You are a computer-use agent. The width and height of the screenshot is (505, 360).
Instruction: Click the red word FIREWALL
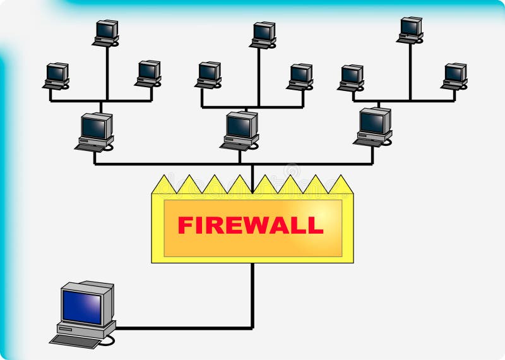pyautogui.click(x=251, y=225)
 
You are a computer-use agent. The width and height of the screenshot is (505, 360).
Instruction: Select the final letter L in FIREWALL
pyautogui.click(x=316, y=225)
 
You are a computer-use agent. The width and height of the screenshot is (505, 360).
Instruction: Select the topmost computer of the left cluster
pyautogui.click(x=106, y=32)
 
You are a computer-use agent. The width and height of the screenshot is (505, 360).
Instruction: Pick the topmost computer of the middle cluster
pyautogui.click(x=263, y=34)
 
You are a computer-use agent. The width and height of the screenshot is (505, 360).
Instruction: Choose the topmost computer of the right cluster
pyautogui.click(x=410, y=29)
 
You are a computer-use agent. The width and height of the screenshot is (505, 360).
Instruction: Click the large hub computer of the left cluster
pyautogui.click(x=96, y=130)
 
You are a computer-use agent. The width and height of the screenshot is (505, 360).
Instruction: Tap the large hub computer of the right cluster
pyautogui.click(x=374, y=125)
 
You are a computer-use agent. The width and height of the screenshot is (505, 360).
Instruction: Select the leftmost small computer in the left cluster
pyautogui.click(x=56, y=75)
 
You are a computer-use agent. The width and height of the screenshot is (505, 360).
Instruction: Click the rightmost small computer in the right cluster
pyautogui.click(x=454, y=75)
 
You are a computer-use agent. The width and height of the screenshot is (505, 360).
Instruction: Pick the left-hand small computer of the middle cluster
pyautogui.click(x=208, y=74)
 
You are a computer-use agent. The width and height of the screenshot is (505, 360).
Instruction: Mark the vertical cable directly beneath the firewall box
pyautogui.click(x=252, y=294)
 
